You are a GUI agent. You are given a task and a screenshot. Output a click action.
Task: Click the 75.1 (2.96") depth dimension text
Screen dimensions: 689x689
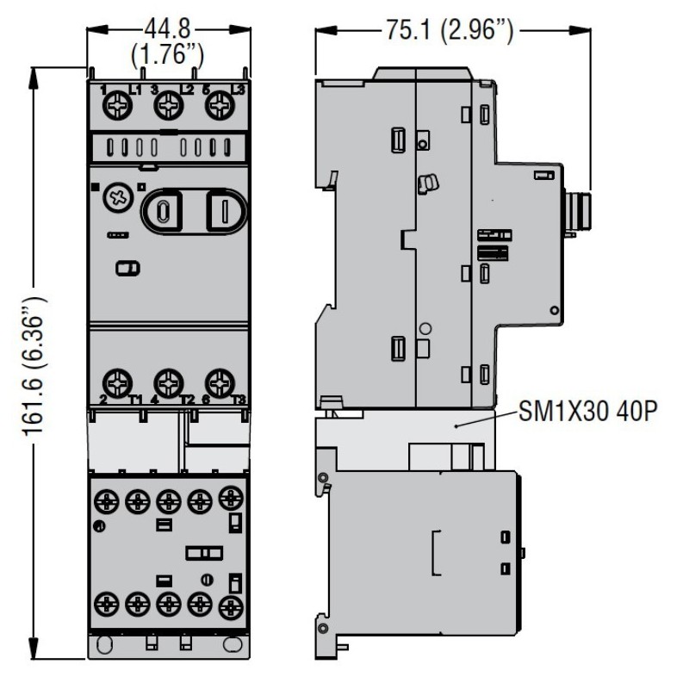click(453, 34)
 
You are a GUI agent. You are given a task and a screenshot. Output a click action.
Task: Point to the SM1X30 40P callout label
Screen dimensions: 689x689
click(591, 413)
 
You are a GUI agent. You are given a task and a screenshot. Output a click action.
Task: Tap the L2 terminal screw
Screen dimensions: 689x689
click(167, 107)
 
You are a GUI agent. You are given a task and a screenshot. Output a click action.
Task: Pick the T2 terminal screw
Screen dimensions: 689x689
click(169, 380)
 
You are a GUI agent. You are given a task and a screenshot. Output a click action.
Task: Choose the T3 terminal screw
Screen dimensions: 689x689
click(219, 380)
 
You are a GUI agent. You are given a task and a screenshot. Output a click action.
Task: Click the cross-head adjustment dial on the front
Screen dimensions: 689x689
click(115, 199)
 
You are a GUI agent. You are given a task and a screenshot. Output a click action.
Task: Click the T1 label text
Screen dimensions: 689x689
click(137, 398)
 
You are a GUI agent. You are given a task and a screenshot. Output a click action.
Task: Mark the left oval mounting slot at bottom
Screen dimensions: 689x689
click(107, 643)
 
